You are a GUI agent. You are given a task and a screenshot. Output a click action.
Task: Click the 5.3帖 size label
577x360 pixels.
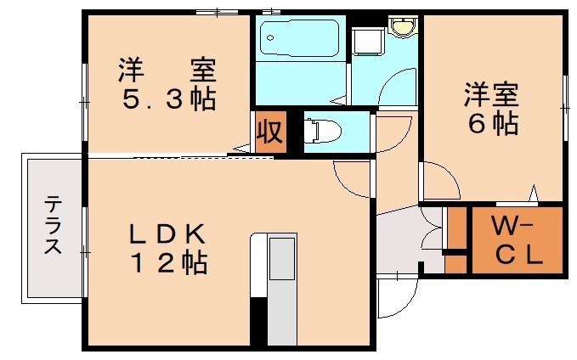[x=168, y=100]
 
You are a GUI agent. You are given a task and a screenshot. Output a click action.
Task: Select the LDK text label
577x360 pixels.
[x=167, y=232]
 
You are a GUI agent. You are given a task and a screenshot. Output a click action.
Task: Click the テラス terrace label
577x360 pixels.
[x=53, y=226]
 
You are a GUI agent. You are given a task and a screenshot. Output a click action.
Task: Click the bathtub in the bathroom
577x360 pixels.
[x=299, y=37]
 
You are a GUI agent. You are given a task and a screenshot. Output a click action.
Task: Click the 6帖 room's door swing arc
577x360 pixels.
[x=440, y=181]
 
